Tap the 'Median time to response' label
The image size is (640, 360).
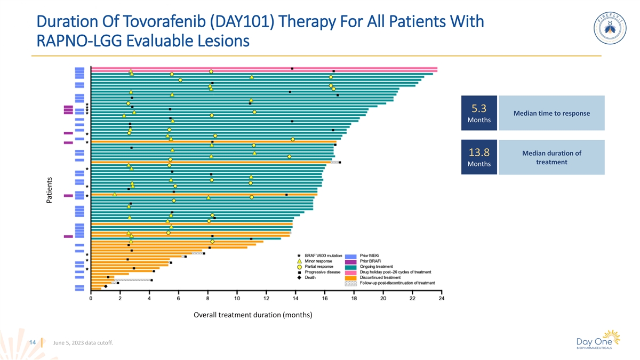(x=551, y=114)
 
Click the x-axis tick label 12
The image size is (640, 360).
(x=266, y=299)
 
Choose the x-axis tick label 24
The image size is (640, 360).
(x=441, y=299)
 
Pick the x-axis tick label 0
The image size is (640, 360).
(x=91, y=299)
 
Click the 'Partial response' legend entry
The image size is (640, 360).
(x=319, y=267)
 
